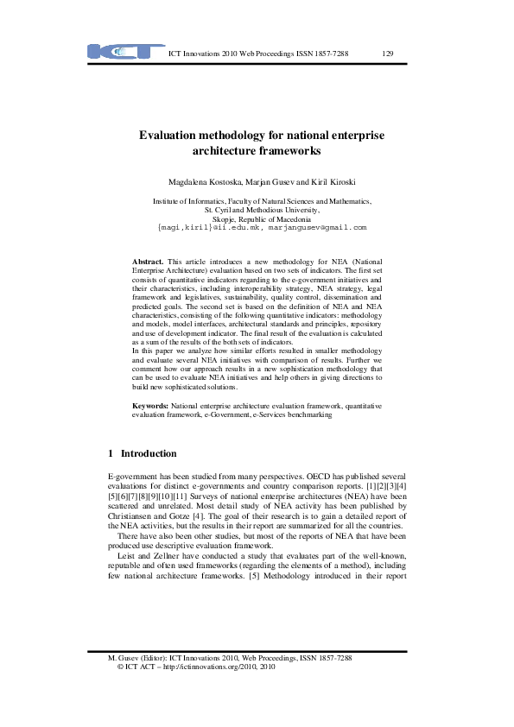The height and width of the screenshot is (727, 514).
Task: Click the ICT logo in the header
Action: pos(126,51)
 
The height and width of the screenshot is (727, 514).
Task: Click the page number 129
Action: pos(388,54)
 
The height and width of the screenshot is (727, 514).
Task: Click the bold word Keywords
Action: pos(149,404)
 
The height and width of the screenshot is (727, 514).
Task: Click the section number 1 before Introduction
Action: pos(111,453)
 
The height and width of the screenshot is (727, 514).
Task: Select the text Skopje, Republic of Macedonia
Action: pos(263,218)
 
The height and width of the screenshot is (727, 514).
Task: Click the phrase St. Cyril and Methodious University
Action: pos(263,209)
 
